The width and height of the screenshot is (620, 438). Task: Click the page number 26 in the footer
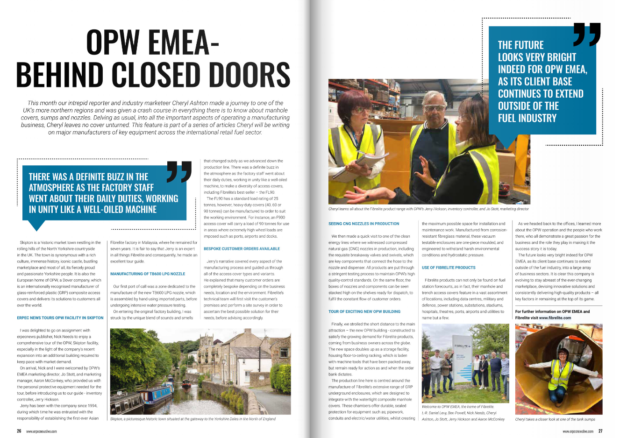19,431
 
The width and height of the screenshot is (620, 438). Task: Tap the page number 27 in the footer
600,431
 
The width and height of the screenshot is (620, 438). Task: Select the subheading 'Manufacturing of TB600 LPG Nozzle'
148,274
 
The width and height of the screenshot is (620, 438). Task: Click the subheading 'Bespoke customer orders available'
242,249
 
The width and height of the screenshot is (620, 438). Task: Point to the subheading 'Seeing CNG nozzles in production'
363,224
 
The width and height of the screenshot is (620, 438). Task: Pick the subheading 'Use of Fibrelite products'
449,268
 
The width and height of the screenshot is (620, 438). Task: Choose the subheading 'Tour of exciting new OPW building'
364,311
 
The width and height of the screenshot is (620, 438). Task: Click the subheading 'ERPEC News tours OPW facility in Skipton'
60,318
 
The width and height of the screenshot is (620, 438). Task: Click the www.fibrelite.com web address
555,318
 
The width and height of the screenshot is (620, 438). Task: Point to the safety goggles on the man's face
434,108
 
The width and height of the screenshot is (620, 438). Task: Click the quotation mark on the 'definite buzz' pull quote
179,172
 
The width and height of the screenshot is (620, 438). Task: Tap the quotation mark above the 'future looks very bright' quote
587,35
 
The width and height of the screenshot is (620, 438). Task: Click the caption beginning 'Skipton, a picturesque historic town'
192,419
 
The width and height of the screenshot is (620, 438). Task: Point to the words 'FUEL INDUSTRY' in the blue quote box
527,118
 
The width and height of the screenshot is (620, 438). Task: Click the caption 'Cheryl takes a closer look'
555,419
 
